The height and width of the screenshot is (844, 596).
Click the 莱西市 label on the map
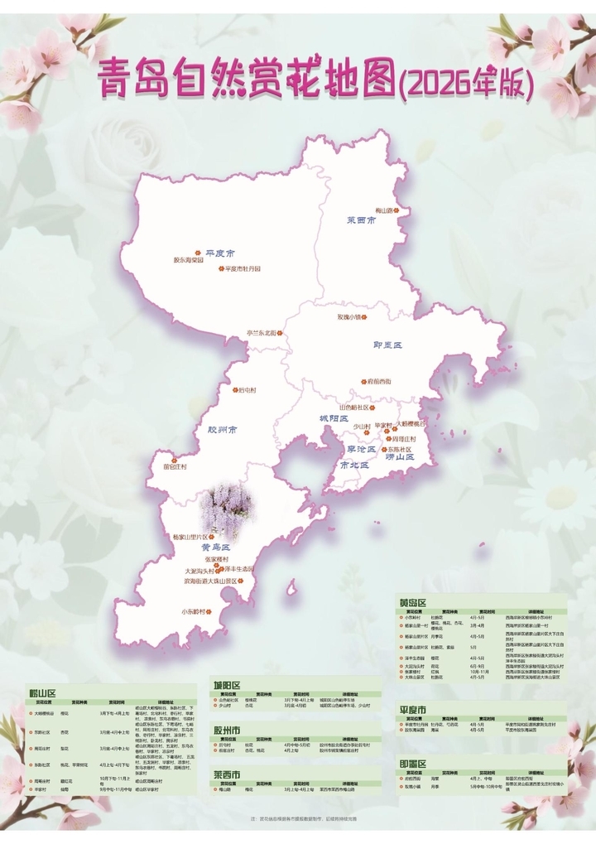(x=362, y=221)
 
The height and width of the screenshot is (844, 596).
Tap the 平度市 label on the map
(x=220, y=253)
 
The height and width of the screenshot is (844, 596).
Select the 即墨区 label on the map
(x=387, y=345)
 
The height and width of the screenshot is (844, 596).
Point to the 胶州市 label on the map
(x=223, y=431)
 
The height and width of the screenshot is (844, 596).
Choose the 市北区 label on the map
(x=355, y=465)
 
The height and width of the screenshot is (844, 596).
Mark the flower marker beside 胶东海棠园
(x=197, y=253)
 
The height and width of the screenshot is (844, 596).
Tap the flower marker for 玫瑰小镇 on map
(x=360, y=316)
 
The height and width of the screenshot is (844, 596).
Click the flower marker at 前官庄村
(x=174, y=461)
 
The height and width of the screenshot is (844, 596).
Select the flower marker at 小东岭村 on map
(x=209, y=612)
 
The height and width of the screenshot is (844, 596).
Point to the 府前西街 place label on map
(x=381, y=382)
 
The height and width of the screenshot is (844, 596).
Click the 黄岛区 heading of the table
(x=412, y=602)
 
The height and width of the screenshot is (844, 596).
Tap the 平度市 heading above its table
(x=412, y=711)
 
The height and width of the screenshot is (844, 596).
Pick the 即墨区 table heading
(x=412, y=764)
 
